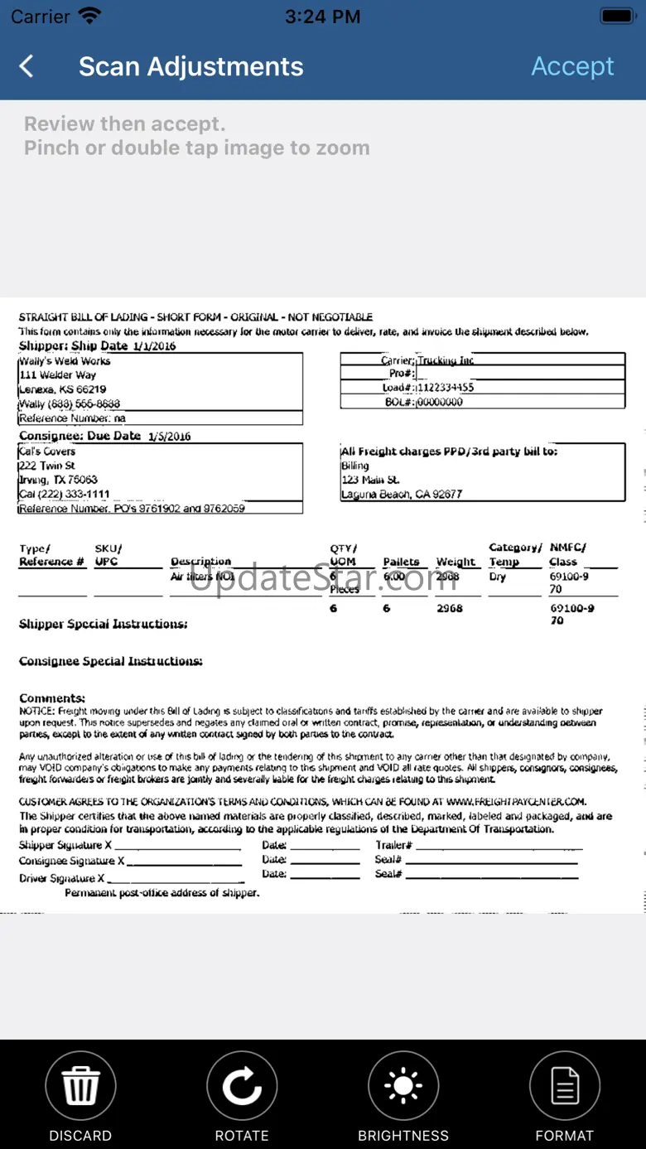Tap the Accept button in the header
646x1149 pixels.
pos(572,66)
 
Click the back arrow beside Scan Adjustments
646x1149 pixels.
pos(27,66)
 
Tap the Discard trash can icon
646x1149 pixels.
pos(80,1086)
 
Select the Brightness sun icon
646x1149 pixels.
pos(403,1086)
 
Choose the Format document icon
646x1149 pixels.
pos(565,1086)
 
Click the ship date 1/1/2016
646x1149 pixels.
pos(154,346)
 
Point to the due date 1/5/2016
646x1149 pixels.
pos(169,437)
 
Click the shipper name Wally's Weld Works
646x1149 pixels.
pos(65,361)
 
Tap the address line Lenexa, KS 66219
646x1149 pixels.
pos(63,389)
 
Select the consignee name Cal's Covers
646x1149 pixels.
pos(47,451)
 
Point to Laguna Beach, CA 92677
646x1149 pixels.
pos(402,495)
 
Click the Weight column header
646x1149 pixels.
pos(456,562)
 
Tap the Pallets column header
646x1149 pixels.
pos(401,562)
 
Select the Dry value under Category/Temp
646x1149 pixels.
pos(497,577)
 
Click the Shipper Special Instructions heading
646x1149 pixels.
pos(103,624)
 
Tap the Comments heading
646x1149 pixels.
pos(52,698)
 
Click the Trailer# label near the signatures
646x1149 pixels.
pos(393,846)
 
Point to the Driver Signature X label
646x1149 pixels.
pos(62,878)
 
